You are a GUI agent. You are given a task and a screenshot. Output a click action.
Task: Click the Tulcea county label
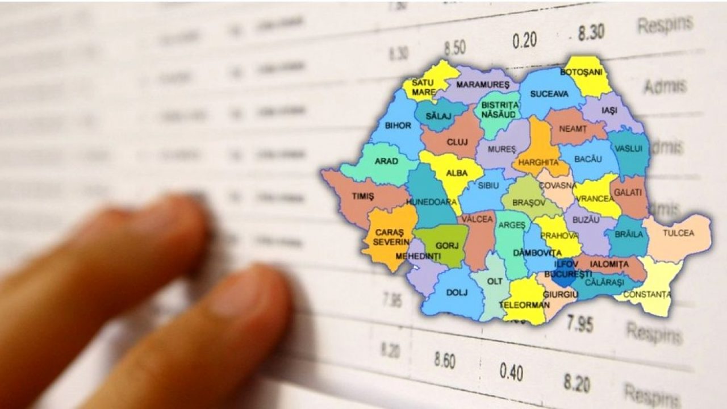click(x=678, y=233)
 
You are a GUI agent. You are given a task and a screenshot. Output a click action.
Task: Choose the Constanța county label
click(x=646, y=294)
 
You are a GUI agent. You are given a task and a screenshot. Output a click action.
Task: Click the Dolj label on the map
click(x=453, y=293)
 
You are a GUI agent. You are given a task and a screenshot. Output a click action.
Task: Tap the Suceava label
click(x=549, y=94)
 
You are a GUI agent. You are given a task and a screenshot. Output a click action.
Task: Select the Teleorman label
click(x=524, y=305)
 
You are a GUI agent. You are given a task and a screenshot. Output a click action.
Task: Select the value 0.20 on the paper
click(x=524, y=40)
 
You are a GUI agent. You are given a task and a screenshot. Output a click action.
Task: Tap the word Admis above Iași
click(x=665, y=86)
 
